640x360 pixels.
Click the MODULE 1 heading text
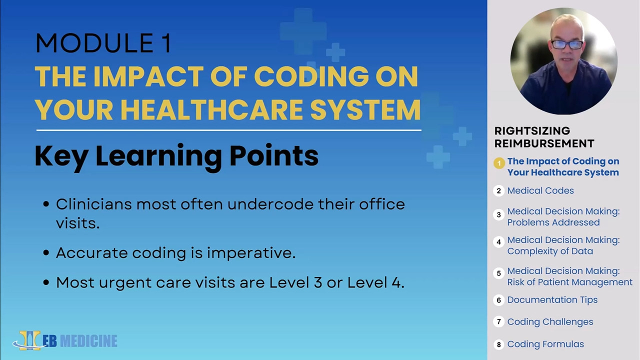point(103,43)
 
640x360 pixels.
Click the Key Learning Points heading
point(176,156)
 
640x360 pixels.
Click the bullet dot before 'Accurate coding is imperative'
point(46,253)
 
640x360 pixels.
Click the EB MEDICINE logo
point(65,340)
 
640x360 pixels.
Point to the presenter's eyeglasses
point(567,45)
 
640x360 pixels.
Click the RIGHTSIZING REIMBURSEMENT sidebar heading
point(544,137)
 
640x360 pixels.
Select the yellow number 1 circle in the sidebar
point(499,163)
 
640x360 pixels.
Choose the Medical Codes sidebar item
point(540,190)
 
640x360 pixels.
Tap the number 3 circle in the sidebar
point(498,214)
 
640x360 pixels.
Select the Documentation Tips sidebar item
point(552,300)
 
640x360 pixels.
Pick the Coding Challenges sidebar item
point(550,322)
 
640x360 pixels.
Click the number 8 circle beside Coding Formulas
point(498,344)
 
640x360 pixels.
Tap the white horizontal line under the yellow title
point(228,130)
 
